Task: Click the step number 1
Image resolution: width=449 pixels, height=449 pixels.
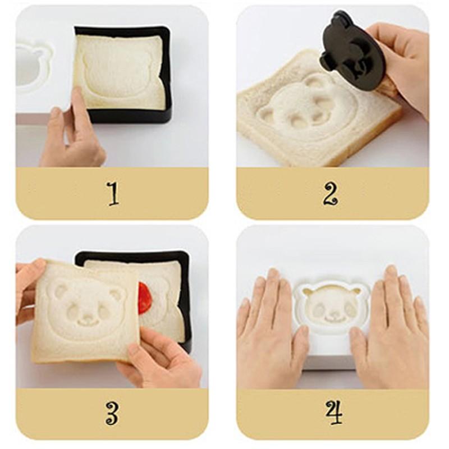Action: click(x=113, y=194)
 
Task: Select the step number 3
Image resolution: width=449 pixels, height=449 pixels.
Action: click(x=112, y=414)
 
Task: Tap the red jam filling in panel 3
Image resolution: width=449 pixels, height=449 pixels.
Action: click(x=145, y=297)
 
